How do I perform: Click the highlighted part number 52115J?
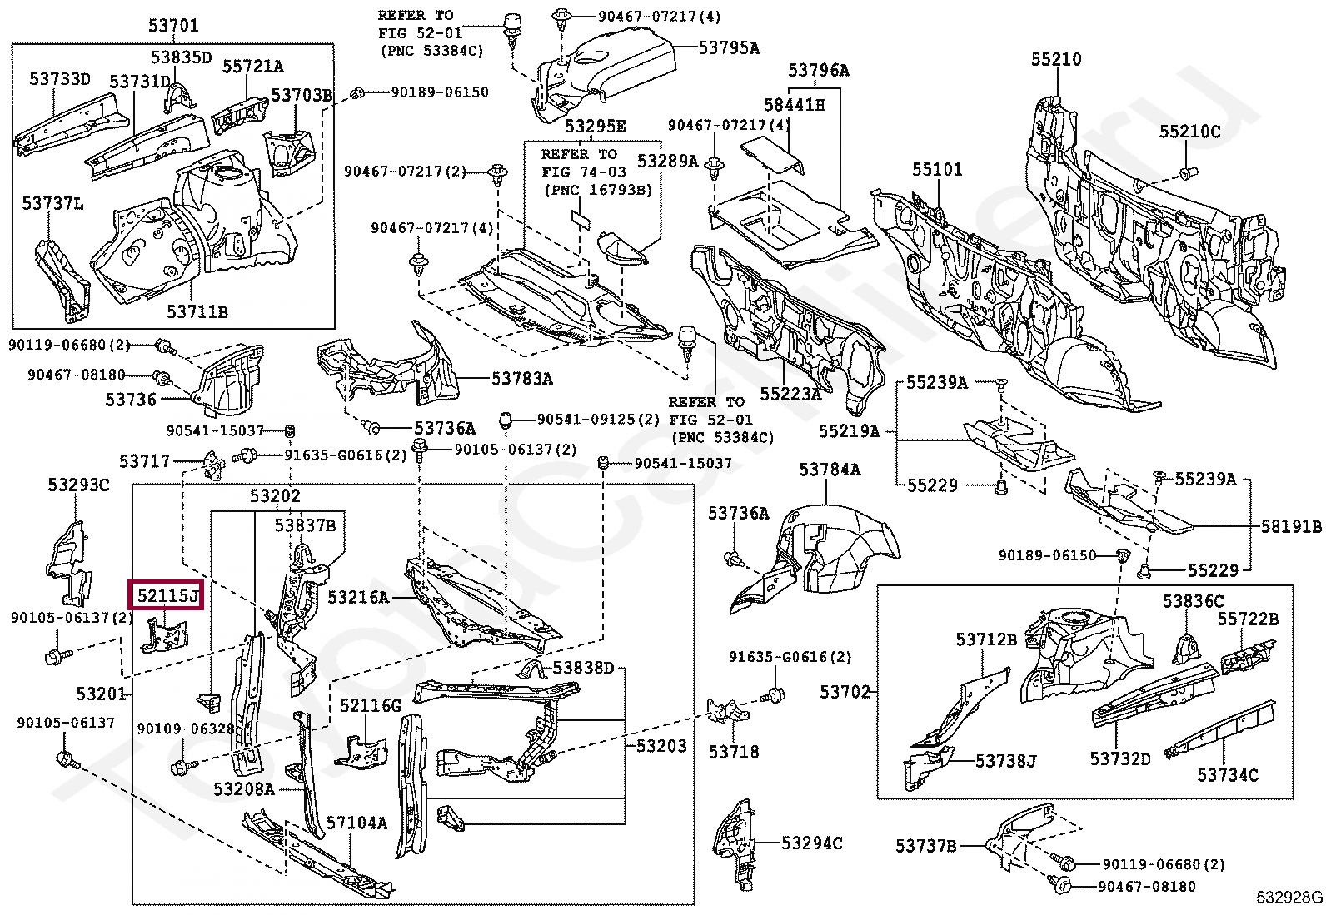click(x=167, y=594)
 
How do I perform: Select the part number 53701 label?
click(x=173, y=26)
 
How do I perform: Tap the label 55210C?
click(x=1190, y=132)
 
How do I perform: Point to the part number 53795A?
click(x=729, y=48)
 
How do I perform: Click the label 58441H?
click(x=794, y=105)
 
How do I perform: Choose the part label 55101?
click(x=937, y=169)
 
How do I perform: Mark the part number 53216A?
click(x=358, y=597)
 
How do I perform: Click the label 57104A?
click(x=356, y=823)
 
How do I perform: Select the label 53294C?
click(x=811, y=843)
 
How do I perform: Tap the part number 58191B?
click(x=1291, y=526)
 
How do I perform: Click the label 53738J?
click(x=1006, y=760)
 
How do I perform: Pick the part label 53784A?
click(x=830, y=470)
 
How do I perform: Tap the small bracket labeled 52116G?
click(x=362, y=752)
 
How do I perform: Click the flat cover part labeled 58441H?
click(x=772, y=155)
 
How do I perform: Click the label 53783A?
click(x=522, y=378)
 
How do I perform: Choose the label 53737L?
click(x=52, y=204)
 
